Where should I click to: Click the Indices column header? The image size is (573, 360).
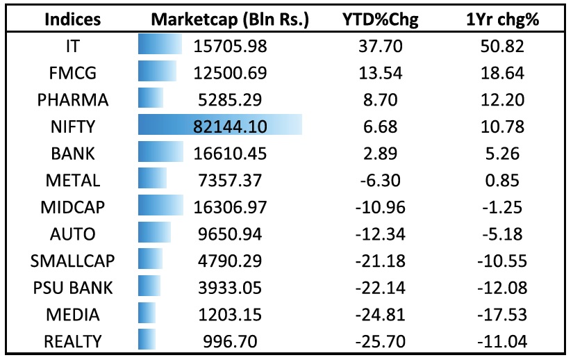coord(73,19)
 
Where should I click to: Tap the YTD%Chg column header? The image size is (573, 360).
coord(381,19)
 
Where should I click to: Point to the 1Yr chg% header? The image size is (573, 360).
coord(503,19)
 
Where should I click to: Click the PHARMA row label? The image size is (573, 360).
coord(73,99)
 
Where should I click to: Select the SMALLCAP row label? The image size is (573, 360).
coord(73,261)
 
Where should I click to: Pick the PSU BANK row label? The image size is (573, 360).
coord(73,287)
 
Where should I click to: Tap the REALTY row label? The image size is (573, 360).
coord(73,341)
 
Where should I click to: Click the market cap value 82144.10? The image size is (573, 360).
coord(229,126)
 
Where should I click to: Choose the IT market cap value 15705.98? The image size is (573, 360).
coord(229,46)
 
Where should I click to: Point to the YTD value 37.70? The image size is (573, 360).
coord(381,46)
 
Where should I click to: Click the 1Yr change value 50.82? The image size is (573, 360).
coord(503,46)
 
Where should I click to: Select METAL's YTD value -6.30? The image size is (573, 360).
coord(381,180)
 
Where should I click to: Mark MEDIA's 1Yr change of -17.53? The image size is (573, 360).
coord(503,314)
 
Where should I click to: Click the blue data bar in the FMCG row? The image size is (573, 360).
coord(157,72)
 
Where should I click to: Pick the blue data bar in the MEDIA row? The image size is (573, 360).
coord(147,314)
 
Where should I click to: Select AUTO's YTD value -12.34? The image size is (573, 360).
coord(381,234)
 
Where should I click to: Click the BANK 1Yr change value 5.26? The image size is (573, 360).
coord(503,153)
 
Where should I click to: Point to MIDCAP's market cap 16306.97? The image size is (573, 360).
coord(229,207)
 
